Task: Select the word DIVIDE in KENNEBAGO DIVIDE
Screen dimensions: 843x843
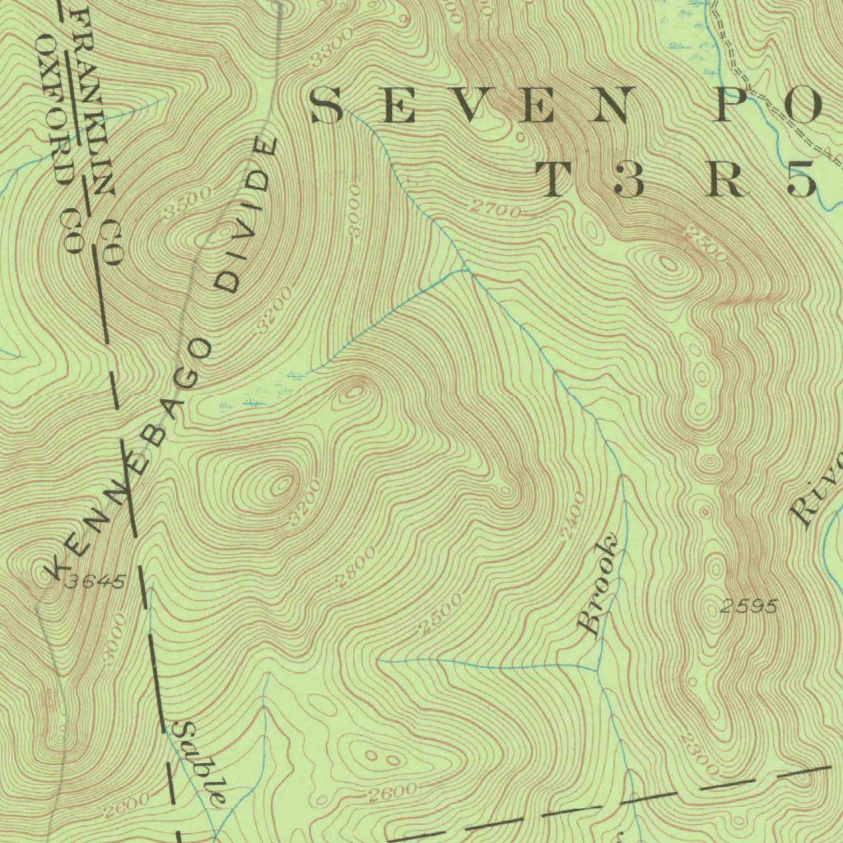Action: tap(247, 216)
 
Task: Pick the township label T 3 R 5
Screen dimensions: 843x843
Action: tap(675, 180)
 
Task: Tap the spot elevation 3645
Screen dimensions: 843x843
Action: tap(97, 582)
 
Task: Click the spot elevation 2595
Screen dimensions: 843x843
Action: tap(748, 607)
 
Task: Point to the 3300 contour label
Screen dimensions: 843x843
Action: tap(333, 47)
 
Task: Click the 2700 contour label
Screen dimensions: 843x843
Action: tap(497, 211)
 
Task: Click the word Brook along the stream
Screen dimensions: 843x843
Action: tap(598, 585)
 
